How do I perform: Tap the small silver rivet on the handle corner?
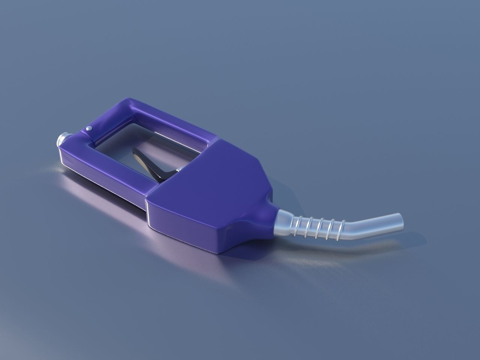pyautogui.click(x=89, y=129)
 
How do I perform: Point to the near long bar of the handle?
pyautogui.click(x=109, y=169)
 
